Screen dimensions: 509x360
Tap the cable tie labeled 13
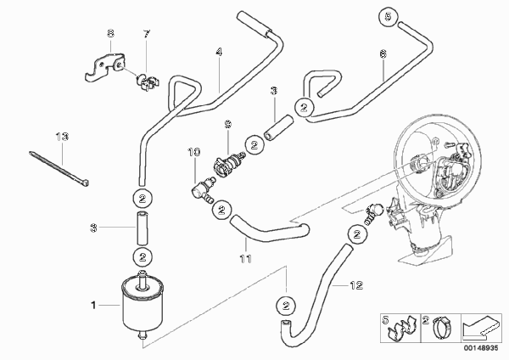point(59,168)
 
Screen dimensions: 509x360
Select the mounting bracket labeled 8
point(104,66)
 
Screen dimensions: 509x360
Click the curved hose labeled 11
point(269,231)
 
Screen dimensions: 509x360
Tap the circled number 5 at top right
point(389,16)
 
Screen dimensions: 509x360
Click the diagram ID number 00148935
point(481,348)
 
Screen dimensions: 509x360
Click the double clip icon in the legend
point(401,328)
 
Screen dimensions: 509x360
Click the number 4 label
point(219,52)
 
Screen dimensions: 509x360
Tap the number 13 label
point(62,137)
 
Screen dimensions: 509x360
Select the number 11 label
point(245,259)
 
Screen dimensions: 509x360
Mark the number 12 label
point(356,285)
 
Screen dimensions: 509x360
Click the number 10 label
point(194,152)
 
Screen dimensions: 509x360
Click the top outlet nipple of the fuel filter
point(143,278)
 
